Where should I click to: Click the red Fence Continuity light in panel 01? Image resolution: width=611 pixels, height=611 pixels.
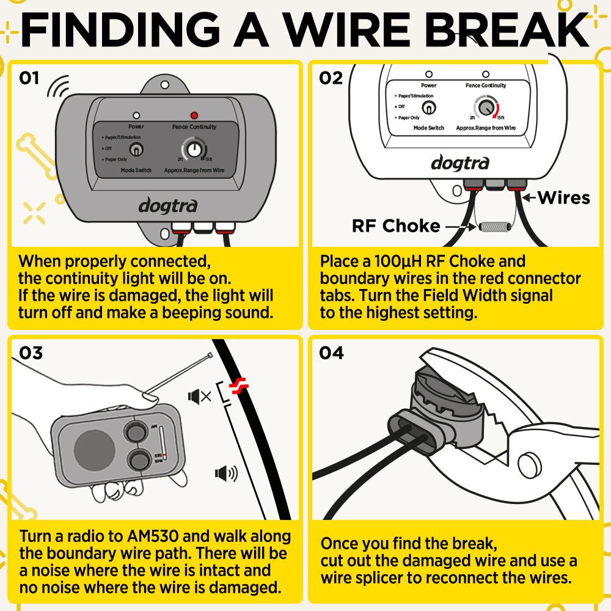pyautogui.click(x=194, y=115)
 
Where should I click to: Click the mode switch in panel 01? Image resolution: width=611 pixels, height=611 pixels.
pyautogui.click(x=137, y=149)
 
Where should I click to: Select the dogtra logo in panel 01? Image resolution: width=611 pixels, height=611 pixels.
pyautogui.click(x=167, y=205)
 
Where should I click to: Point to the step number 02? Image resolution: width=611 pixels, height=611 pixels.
pyautogui.click(x=331, y=78)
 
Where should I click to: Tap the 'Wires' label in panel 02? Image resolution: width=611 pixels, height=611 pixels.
pyautogui.click(x=563, y=197)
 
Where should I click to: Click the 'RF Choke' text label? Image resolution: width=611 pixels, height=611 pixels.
pyautogui.click(x=396, y=226)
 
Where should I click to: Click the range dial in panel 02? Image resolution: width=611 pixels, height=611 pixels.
pyautogui.click(x=486, y=108)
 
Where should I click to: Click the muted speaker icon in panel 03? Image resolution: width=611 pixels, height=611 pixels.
pyautogui.click(x=200, y=397)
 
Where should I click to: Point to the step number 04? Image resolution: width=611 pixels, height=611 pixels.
pyautogui.click(x=331, y=353)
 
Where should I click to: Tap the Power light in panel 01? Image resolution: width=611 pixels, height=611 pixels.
pyautogui.click(x=136, y=115)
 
